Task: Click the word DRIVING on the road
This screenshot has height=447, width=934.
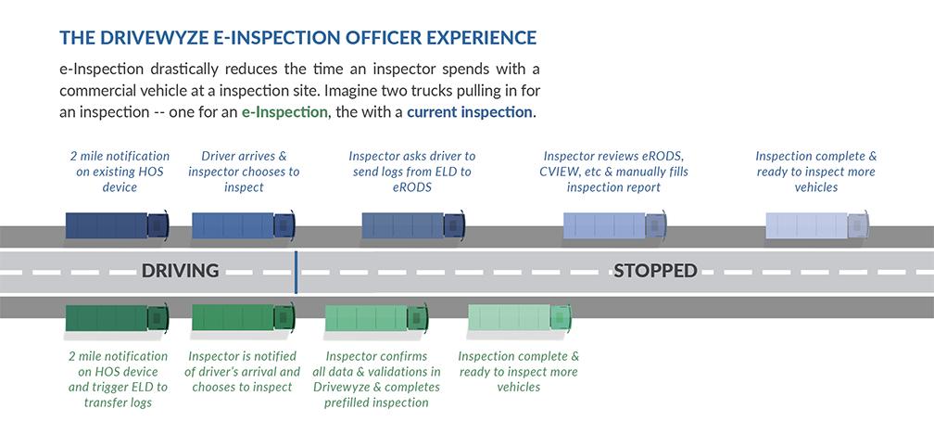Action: (x=180, y=271)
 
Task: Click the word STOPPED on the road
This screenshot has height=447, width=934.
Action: (x=654, y=271)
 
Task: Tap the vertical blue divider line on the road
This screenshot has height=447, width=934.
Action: (x=296, y=271)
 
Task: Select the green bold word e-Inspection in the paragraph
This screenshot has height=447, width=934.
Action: (x=284, y=112)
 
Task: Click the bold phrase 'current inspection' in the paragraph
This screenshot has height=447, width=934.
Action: (x=470, y=112)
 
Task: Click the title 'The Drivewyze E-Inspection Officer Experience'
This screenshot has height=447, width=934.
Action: (x=297, y=38)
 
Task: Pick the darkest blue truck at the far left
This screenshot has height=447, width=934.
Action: (x=117, y=225)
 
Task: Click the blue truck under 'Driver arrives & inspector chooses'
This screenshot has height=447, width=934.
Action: (x=243, y=225)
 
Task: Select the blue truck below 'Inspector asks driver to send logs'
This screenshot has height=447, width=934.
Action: (x=413, y=225)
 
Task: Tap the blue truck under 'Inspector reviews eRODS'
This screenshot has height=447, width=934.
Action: (x=614, y=225)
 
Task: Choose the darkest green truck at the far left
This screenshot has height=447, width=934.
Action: (x=117, y=318)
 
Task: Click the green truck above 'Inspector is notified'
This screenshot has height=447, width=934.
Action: (x=243, y=318)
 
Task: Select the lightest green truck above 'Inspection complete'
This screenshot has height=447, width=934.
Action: (x=520, y=318)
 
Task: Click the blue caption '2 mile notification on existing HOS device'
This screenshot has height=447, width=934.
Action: (x=120, y=172)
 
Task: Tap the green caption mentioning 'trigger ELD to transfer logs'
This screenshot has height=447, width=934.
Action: (x=118, y=379)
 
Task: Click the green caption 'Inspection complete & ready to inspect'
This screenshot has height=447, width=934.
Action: (x=518, y=371)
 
